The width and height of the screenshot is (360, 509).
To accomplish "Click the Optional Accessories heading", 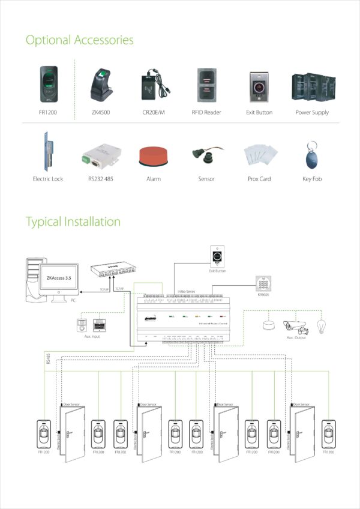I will [x=79, y=40].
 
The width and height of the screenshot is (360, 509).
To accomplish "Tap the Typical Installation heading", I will [x=73, y=221].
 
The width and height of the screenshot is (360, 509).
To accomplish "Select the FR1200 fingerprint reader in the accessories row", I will [x=49, y=83].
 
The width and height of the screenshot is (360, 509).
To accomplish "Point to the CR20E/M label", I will [x=154, y=112].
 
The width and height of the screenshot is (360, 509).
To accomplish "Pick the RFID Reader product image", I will [x=206, y=85].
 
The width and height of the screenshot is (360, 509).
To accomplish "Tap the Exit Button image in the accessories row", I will [x=259, y=85].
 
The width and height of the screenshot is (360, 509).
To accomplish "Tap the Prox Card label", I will [x=259, y=179].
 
